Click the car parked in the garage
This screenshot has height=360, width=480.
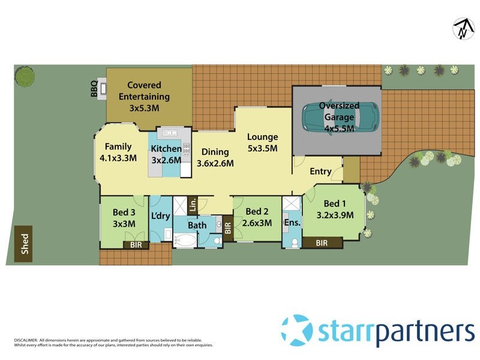340,118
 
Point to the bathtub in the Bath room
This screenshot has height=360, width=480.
186,241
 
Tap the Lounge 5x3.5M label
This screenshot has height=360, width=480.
262,142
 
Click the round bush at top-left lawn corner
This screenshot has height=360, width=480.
25,76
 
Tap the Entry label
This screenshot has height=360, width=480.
320,172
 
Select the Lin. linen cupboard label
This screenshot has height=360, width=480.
193,205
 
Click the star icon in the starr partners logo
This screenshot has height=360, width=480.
297,331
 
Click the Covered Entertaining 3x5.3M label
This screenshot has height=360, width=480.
144,96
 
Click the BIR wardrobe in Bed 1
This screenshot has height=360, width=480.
322,243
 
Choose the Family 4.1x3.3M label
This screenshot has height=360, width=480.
118,152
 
